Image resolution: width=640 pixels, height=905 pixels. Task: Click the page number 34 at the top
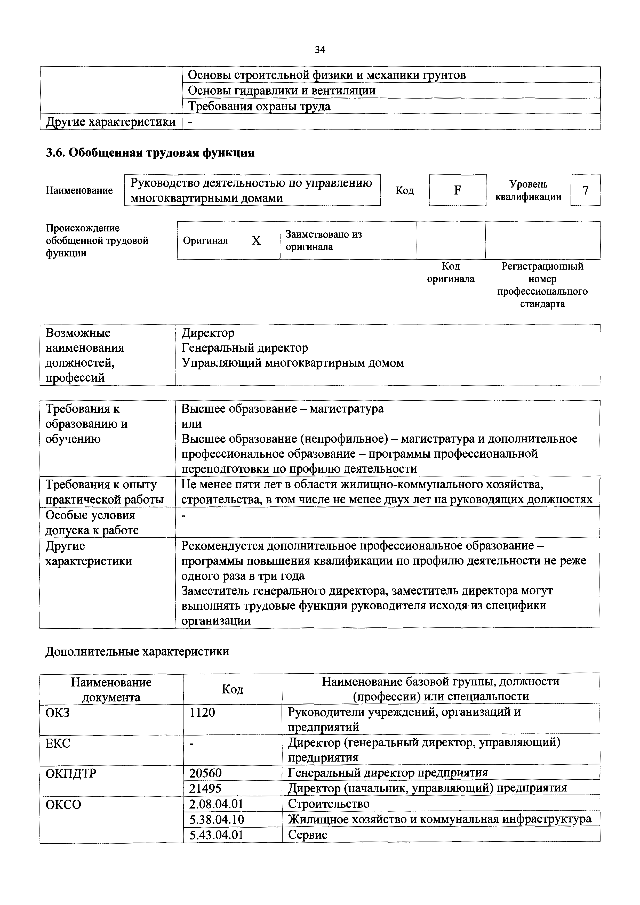[320, 50]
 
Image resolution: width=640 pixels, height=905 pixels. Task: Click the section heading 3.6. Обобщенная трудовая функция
[150, 152]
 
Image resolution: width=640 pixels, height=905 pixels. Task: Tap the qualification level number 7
[585, 190]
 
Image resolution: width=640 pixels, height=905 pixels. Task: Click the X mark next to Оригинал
[256, 240]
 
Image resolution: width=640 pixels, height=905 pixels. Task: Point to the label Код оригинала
[451, 273]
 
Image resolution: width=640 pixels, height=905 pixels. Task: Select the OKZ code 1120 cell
[202, 712]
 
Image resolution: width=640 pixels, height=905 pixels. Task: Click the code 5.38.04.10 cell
[217, 819]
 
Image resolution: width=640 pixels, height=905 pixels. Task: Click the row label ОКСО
[63, 804]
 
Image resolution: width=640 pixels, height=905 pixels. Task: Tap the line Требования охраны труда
[259, 106]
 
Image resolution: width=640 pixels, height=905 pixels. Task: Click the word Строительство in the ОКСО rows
[329, 804]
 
